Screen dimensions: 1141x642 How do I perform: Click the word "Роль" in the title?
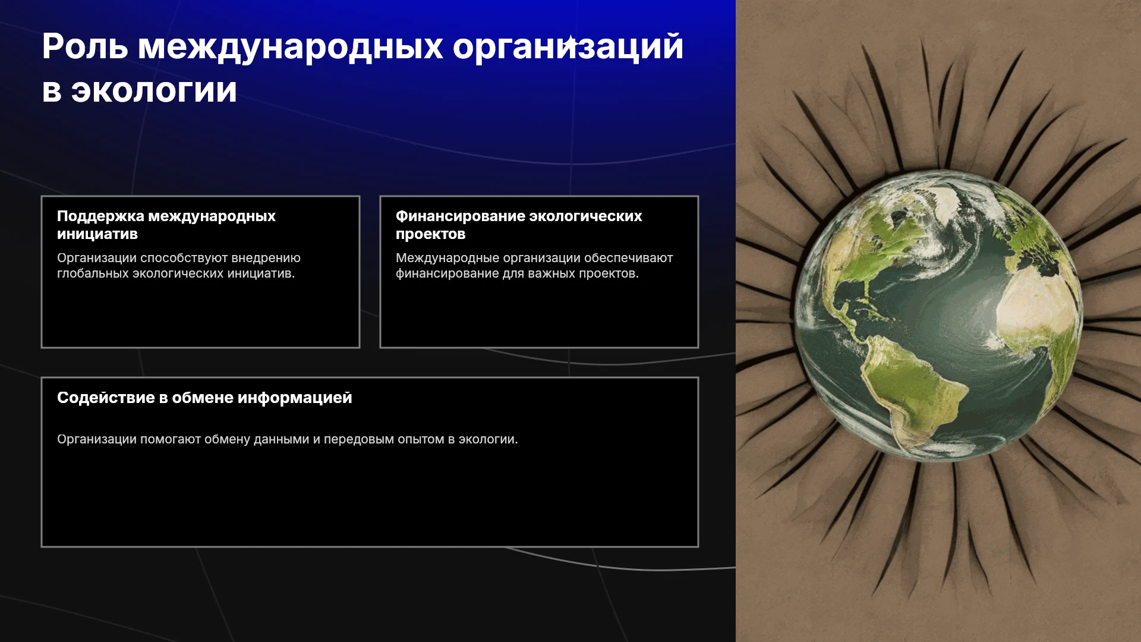(x=85, y=46)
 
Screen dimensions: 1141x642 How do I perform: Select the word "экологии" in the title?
(x=154, y=90)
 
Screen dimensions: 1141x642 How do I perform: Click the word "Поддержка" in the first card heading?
(x=100, y=216)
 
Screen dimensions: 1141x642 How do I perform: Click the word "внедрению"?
(x=266, y=258)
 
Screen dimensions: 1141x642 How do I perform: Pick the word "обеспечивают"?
(x=629, y=258)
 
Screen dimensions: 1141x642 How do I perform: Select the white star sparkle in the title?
(x=570, y=43)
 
